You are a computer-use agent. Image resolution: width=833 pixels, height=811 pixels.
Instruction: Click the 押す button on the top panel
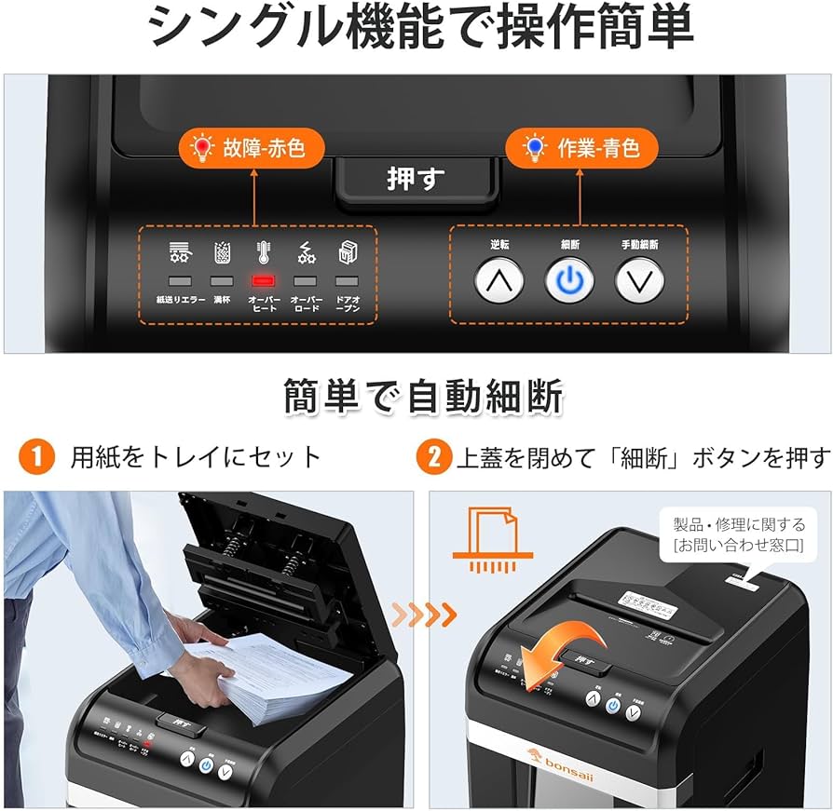tap(416, 178)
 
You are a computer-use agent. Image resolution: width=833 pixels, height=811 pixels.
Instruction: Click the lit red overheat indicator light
tap(262, 280)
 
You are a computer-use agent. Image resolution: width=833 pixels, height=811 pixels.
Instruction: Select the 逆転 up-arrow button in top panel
tap(499, 279)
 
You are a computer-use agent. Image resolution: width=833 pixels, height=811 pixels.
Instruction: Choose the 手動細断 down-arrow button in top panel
tap(639, 279)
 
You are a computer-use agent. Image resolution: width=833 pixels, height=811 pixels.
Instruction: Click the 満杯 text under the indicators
tap(222, 301)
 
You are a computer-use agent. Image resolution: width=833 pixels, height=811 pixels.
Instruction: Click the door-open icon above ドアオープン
tap(347, 250)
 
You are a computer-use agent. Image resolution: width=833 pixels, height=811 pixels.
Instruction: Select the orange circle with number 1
tap(37, 456)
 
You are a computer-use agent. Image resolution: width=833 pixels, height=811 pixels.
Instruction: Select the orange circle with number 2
tap(434, 456)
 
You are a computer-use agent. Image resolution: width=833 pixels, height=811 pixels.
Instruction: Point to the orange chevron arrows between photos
tap(424, 614)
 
